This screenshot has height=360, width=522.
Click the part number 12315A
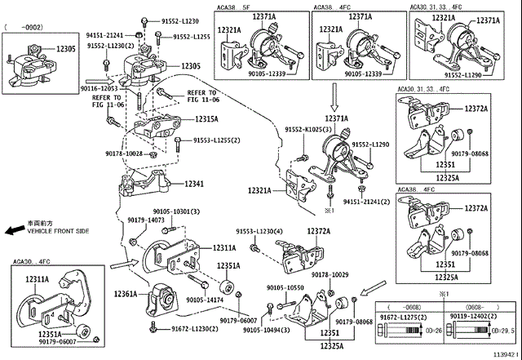pos(206,119)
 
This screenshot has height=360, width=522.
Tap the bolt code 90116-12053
pos(99,87)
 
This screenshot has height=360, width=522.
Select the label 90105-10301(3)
pos(176,211)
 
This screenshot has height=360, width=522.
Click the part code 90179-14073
pos(146,220)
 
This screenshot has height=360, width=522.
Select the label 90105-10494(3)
pos(269,331)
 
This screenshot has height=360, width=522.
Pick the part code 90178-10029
pos(330,276)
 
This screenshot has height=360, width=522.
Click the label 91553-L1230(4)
pos(259,232)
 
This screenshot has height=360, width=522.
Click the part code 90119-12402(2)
pos(476,315)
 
